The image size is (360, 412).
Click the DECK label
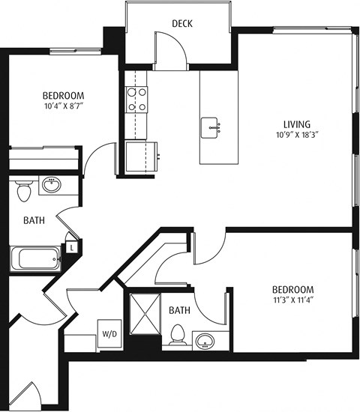click(182, 23)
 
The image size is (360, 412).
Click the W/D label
click(108, 332)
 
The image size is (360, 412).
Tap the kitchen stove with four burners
click(136, 99)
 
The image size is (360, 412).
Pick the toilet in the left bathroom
click(24, 190)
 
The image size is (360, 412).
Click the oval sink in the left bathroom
click(52, 185)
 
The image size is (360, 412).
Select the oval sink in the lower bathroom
click(205, 342)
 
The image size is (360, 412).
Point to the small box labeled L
click(71, 246)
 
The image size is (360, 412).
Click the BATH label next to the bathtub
click(34, 221)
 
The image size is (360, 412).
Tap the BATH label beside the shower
click(179, 310)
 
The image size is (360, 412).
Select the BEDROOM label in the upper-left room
click(62, 96)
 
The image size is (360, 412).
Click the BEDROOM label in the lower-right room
click(292, 290)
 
